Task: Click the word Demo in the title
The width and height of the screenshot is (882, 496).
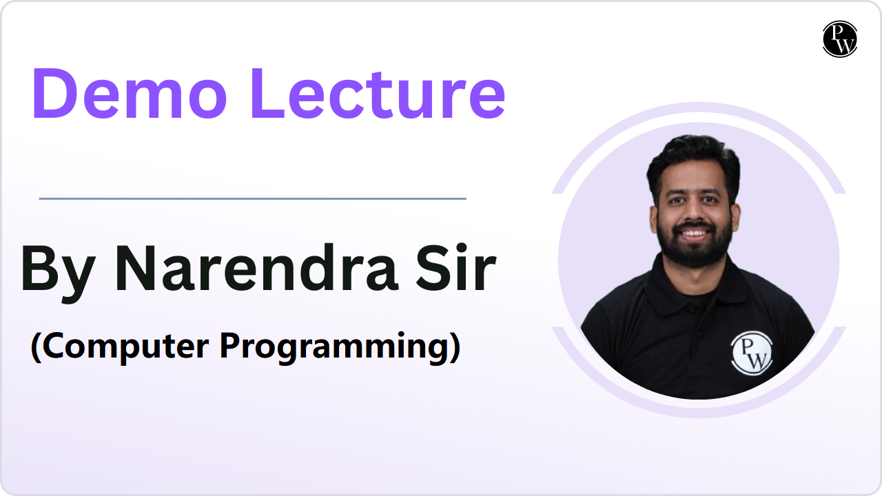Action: pos(129,93)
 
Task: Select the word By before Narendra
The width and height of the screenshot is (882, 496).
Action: pos(58,271)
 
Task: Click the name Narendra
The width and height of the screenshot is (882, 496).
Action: pos(256,268)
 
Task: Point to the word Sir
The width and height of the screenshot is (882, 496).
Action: pos(456,268)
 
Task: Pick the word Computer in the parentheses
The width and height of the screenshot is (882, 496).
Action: pos(125,347)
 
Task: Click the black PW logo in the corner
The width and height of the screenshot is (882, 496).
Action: pos(840,39)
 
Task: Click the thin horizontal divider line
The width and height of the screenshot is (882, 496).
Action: pos(253,199)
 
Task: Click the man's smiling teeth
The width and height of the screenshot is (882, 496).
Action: pos(694,234)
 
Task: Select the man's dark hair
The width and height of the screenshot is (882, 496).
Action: pos(694,161)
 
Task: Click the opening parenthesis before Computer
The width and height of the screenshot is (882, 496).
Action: pos(36,348)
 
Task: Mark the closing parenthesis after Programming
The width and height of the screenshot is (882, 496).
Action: pos(455,348)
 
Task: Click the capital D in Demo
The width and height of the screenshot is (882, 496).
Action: pos(55,93)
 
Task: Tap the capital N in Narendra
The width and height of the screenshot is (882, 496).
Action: pos(136,268)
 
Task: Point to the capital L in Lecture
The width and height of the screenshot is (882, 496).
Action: pos(268,93)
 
